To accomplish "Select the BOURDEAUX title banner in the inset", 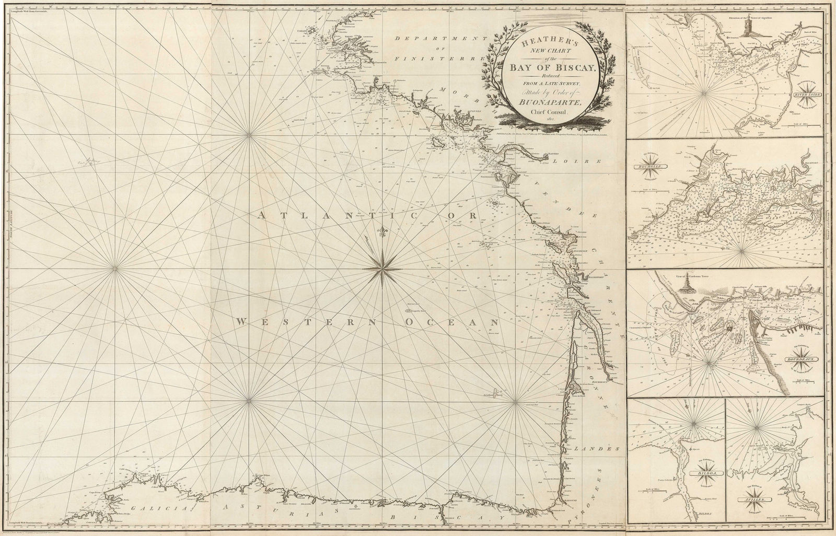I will [x=804, y=360].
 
